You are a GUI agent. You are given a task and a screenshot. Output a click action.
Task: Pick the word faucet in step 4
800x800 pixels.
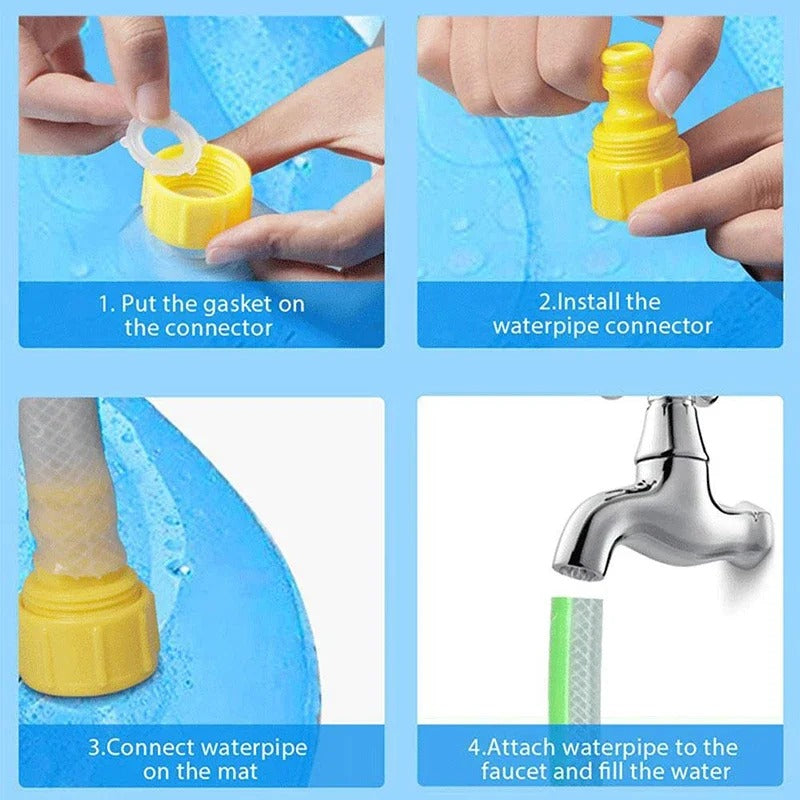click(517, 771)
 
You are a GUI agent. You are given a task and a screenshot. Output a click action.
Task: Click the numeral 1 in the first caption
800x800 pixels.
click(102, 303)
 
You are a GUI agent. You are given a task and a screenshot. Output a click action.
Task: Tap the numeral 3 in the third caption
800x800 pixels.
click(93, 747)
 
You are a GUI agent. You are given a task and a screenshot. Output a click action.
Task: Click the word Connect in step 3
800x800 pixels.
click(149, 747)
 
